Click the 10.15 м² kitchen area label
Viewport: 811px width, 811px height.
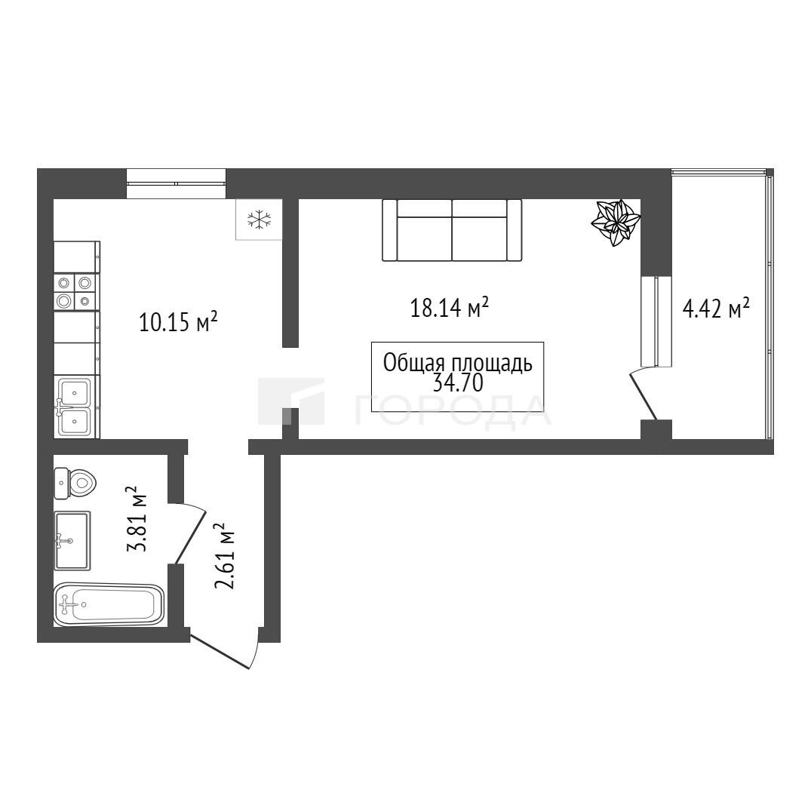(178, 321)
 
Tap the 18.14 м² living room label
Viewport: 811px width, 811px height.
(450, 307)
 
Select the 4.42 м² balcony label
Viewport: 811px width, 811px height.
(717, 309)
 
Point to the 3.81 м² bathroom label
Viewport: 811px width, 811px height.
(137, 519)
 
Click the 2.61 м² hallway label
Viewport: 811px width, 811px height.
(225, 557)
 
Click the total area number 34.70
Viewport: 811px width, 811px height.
(458, 382)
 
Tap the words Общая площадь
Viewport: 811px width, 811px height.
(458, 363)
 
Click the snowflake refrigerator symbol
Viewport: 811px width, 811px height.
(259, 220)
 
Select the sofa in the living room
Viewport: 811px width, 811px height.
(452, 230)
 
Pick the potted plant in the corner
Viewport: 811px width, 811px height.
(616, 223)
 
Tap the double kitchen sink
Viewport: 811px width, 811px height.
(75, 407)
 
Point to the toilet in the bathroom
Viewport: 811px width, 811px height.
(75, 484)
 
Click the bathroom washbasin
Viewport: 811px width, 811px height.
(72, 540)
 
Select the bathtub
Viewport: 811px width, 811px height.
(109, 604)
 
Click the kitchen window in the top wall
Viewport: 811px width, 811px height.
(177, 183)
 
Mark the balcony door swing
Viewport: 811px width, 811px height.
(644, 393)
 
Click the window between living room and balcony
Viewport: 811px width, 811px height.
(656, 321)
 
